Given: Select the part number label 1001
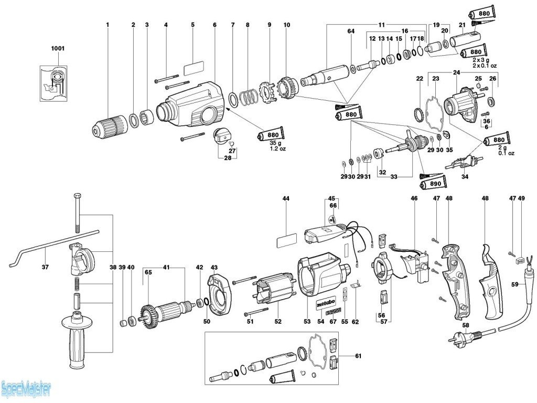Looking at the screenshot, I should coord(58,48).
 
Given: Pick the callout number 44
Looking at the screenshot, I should coord(286,199).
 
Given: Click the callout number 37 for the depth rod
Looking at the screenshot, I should coord(46,267).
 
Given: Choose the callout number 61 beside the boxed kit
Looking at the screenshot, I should coord(358,356).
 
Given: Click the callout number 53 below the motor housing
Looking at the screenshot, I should coord(307,321).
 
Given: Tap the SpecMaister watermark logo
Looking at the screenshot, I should coord(26,389).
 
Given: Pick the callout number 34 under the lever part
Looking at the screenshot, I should coord(465,176).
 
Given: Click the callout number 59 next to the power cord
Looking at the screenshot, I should coord(515,285).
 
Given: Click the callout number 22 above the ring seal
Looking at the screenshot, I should coord(420,79).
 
